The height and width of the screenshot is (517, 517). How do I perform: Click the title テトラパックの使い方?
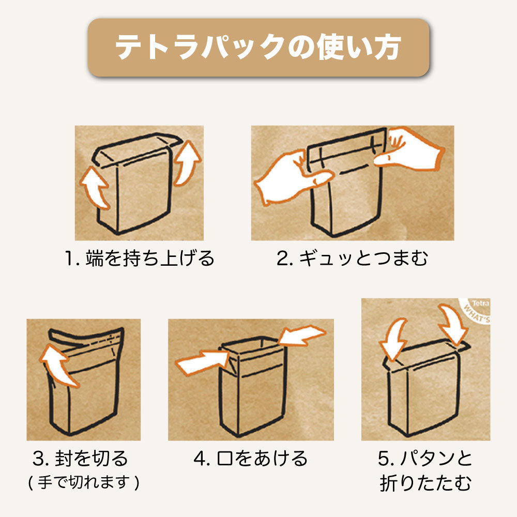click(258, 47)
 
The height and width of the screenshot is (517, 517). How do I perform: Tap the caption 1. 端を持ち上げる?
click(140, 258)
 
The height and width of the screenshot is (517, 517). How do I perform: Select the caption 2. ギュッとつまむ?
click(353, 258)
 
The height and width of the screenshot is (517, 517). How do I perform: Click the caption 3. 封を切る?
click(80, 458)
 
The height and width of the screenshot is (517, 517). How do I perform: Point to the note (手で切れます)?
click(84, 482)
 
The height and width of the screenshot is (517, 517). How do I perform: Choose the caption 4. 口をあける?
click(251, 458)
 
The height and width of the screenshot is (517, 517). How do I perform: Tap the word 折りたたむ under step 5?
click(425, 483)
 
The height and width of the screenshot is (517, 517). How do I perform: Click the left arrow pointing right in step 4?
click(202, 363)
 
